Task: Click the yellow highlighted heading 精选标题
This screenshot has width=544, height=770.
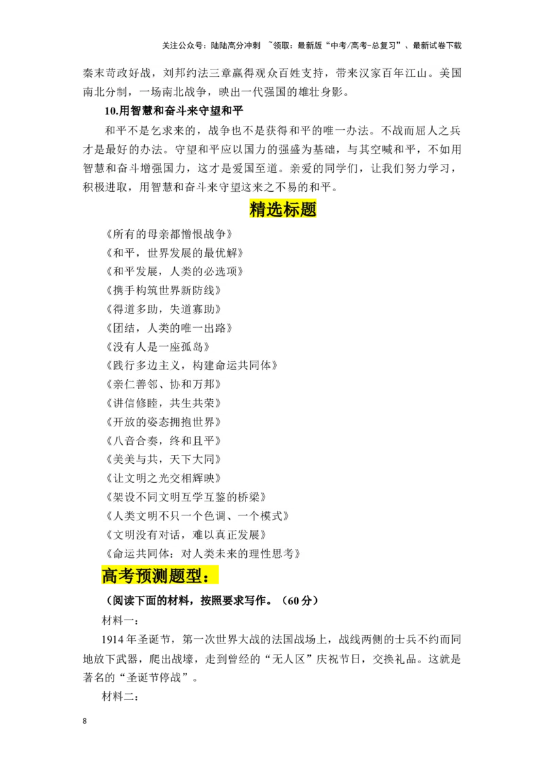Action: (x=283, y=210)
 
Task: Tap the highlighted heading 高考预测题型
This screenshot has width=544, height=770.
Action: (x=160, y=575)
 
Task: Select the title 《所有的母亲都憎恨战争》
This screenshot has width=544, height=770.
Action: (x=169, y=234)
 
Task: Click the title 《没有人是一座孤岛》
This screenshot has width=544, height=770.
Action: (x=157, y=347)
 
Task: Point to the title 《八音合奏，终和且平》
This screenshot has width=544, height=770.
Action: (x=163, y=441)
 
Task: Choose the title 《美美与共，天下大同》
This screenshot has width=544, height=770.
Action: (x=163, y=459)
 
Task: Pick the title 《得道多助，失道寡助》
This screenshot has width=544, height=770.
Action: (x=163, y=309)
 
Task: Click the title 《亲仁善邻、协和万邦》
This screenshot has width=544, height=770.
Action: (x=163, y=384)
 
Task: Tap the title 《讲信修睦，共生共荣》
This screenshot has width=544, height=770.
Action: (x=163, y=403)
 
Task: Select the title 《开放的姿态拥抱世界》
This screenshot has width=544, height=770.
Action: (x=163, y=422)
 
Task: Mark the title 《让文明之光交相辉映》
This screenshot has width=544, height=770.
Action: (x=163, y=478)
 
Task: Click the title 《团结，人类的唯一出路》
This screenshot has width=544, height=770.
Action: (x=169, y=328)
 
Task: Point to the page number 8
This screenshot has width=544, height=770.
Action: (x=85, y=721)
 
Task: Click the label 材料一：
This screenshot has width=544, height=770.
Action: (x=120, y=620)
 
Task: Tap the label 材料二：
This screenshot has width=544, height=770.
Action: (x=120, y=696)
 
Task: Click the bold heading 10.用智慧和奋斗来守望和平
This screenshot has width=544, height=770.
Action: (x=174, y=110)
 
